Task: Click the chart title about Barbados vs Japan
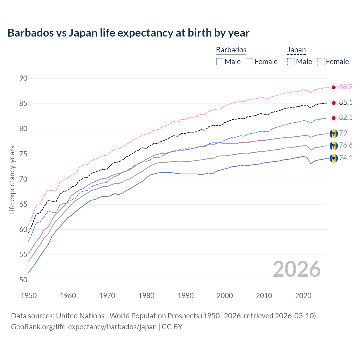pyautogui.click(x=128, y=33)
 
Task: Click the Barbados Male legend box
pyautogui.click(x=220, y=62)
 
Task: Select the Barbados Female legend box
pyautogui.click(x=249, y=62)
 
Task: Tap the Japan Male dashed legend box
pyautogui.click(x=291, y=62)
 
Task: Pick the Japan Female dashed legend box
pyautogui.click(x=321, y=62)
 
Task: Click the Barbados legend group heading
pyautogui.click(x=231, y=50)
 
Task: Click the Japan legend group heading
pyautogui.click(x=296, y=50)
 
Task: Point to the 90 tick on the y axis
pyautogui.click(x=23, y=78)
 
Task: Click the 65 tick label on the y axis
pyautogui.click(x=23, y=204)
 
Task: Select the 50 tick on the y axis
pyautogui.click(x=23, y=280)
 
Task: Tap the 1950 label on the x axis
pyautogui.click(x=29, y=296)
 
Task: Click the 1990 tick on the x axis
pyautogui.click(x=186, y=296)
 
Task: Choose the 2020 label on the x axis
pyautogui.click(x=303, y=296)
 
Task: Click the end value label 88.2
pyautogui.click(x=346, y=87)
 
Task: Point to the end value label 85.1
pyautogui.click(x=346, y=103)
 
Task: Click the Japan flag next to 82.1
pyautogui.click(x=334, y=118)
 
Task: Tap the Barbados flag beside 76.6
pyautogui.click(x=334, y=145)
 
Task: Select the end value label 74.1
pyautogui.click(x=346, y=158)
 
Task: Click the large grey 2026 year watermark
pyautogui.click(x=296, y=269)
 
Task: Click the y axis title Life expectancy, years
pyautogui.click(x=12, y=180)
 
